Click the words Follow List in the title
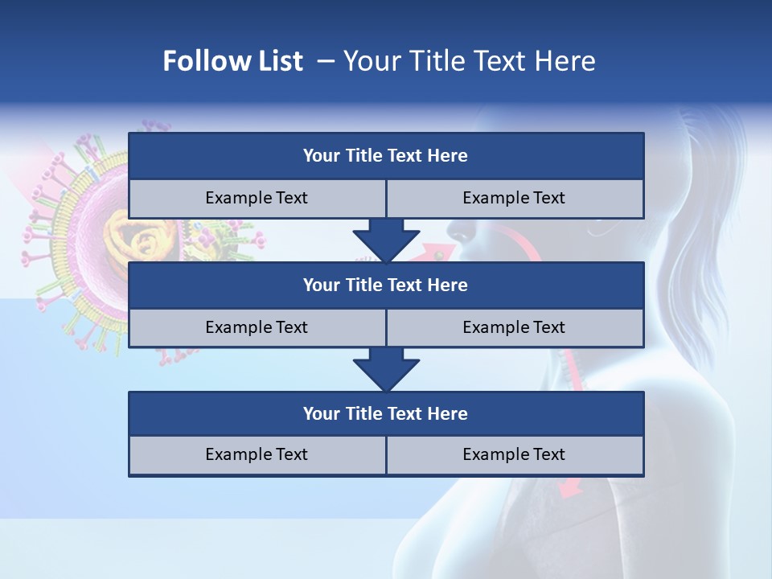point(232,61)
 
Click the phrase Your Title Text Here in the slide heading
point(470,61)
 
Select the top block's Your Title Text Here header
point(385,156)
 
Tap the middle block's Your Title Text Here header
point(385,285)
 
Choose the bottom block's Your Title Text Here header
point(385,413)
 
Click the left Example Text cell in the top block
point(257,198)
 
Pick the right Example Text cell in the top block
point(514,198)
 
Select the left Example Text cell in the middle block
point(257,327)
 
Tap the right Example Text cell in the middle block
point(514,327)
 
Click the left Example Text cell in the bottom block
point(257,454)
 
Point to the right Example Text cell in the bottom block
point(514,454)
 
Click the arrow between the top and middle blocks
point(386,240)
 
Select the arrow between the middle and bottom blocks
point(386,368)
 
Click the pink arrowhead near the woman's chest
point(569,487)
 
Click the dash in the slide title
point(326,61)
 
